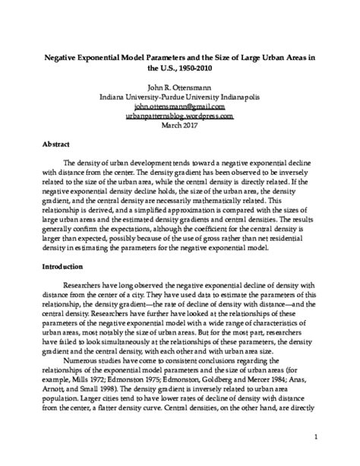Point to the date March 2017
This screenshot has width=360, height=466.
(x=179, y=125)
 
